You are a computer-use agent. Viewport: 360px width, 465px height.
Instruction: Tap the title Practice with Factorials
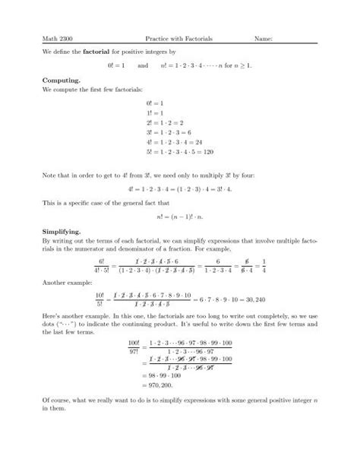[179, 38]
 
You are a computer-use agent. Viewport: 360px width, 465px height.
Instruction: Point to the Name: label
[270, 38]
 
